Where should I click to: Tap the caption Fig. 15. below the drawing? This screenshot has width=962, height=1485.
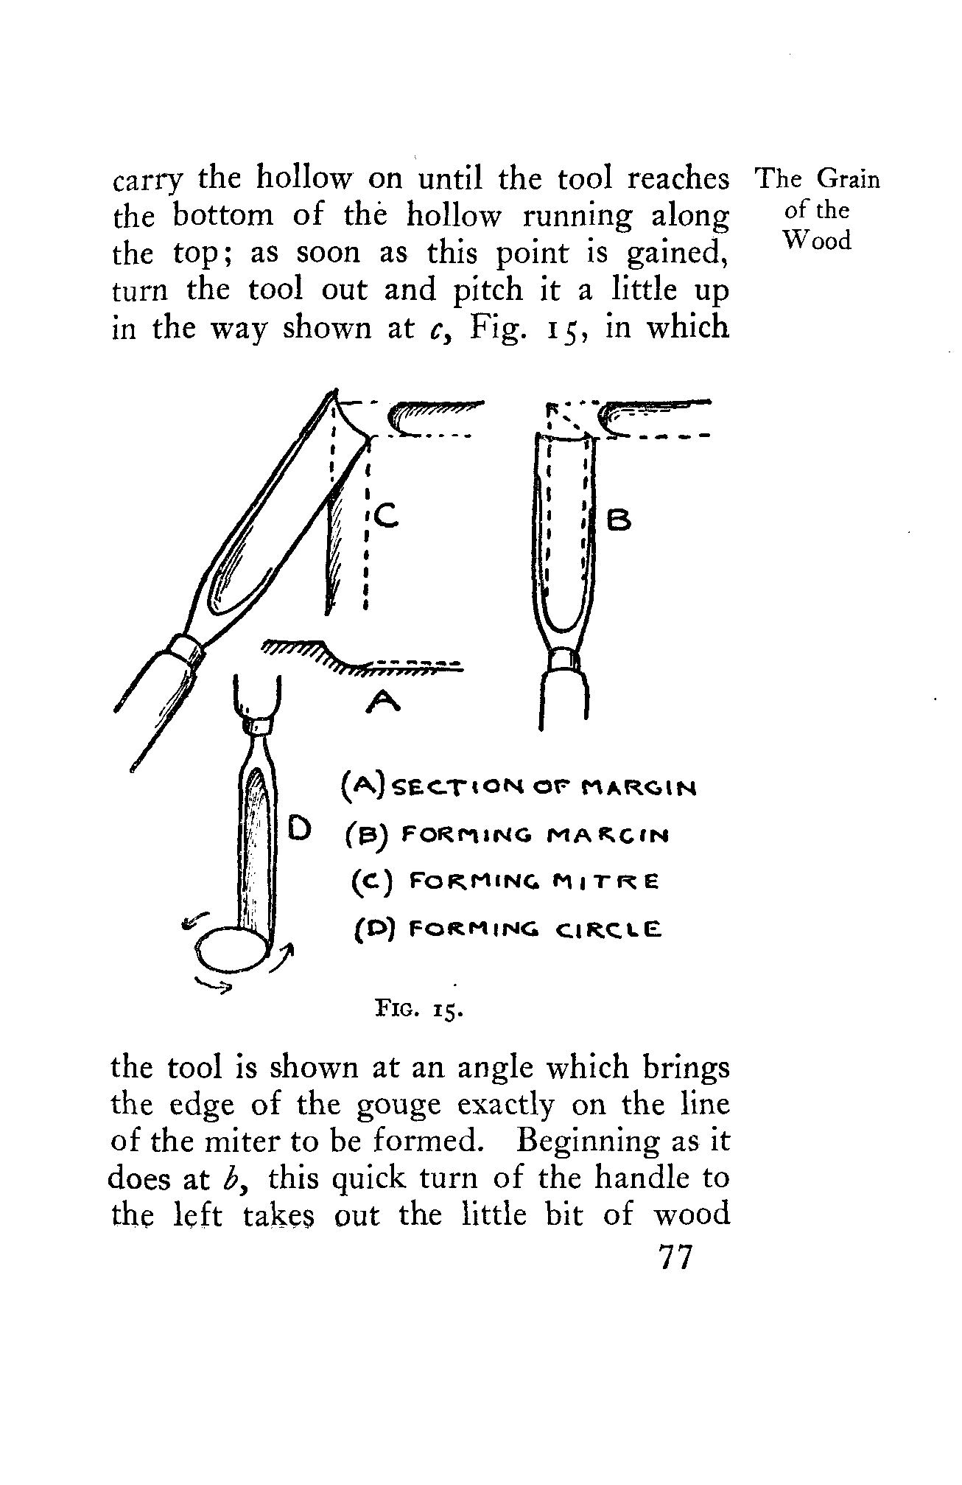point(418,1007)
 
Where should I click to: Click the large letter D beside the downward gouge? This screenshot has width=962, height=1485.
point(301,828)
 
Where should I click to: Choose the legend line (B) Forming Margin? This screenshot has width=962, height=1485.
point(508,836)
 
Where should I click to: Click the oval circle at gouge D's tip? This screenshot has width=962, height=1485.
point(235,952)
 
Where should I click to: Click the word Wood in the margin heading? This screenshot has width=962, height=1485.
point(817,241)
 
